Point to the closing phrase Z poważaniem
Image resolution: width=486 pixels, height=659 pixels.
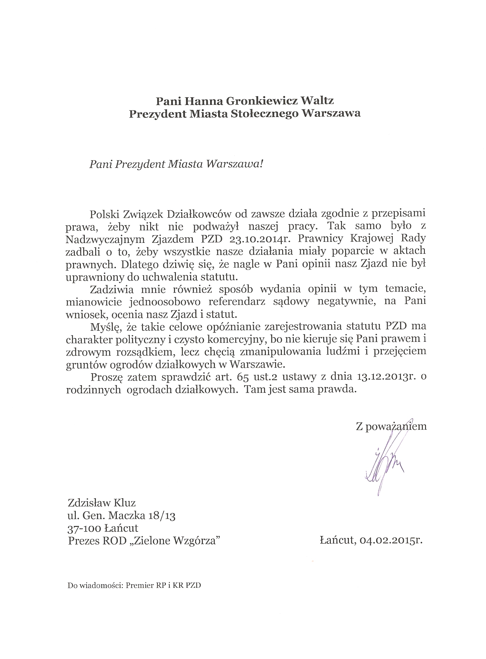391,426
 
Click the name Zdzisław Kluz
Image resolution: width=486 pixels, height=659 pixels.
101,503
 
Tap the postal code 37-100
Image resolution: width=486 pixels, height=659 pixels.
85,528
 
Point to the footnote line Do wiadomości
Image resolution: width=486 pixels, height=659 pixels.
134,585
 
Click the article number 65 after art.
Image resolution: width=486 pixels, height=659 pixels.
233,377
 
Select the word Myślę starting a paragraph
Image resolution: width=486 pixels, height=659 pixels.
105,327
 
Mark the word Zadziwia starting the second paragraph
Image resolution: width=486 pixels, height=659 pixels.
112,289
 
